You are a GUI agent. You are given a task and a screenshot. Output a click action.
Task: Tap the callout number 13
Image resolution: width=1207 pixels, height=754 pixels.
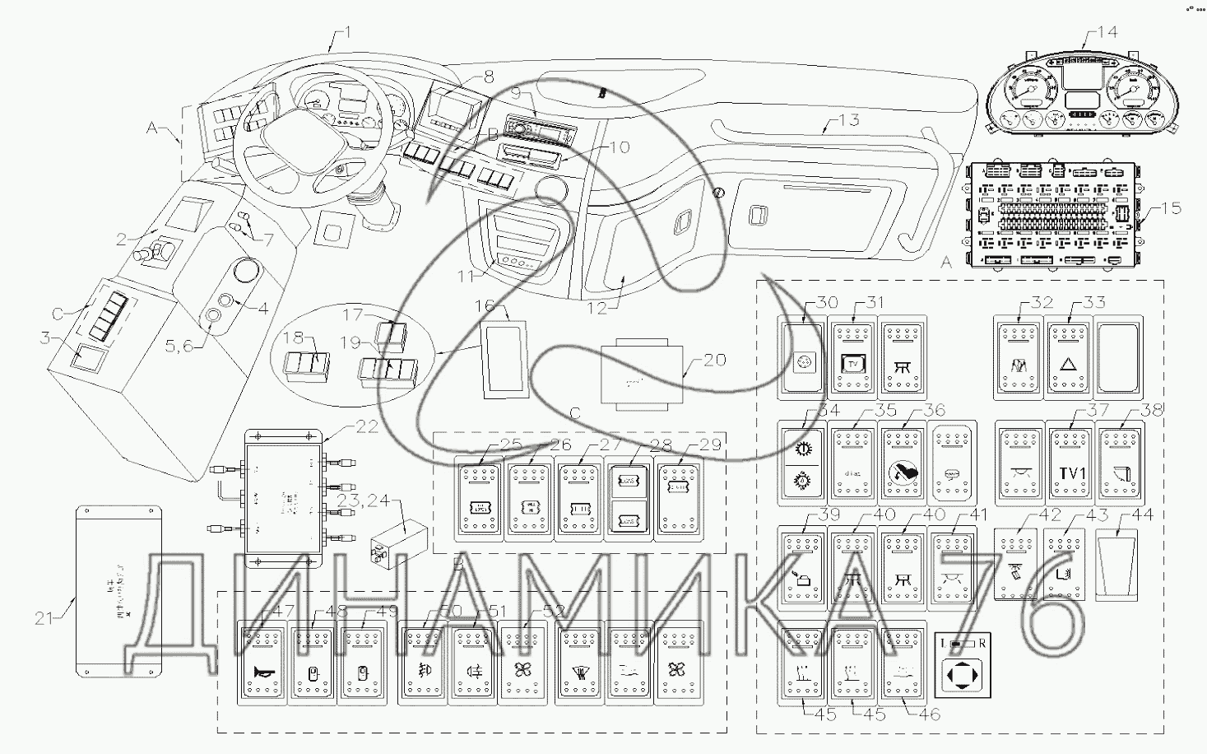[x=848, y=120]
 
